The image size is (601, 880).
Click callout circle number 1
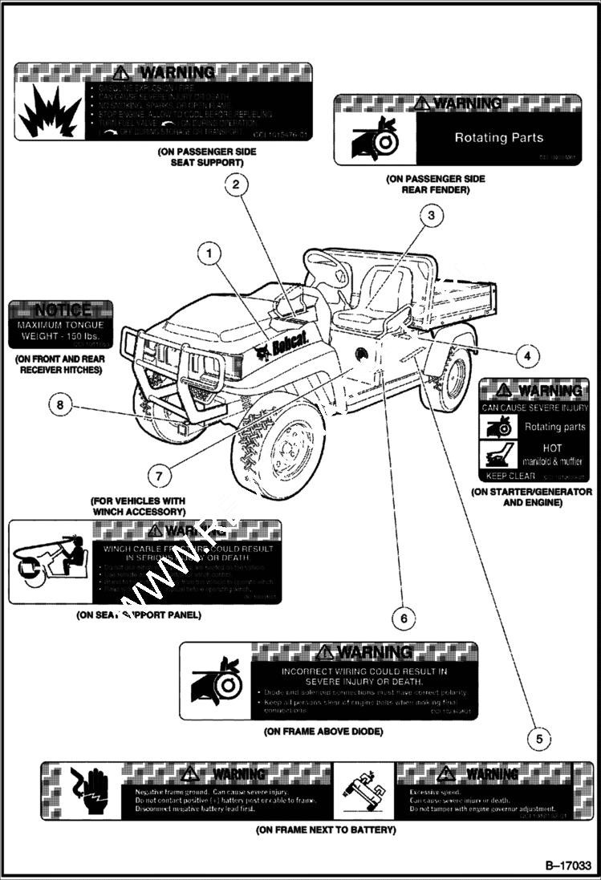click(x=209, y=253)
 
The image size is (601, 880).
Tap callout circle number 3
click(x=431, y=214)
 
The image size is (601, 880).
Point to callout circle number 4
click(x=526, y=355)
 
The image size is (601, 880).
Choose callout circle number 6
click(x=404, y=618)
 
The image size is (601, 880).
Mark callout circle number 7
click(x=158, y=475)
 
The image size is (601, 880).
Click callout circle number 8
click(x=59, y=405)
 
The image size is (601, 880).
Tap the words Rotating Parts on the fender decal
click(x=498, y=137)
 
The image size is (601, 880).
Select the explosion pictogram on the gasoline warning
click(x=49, y=111)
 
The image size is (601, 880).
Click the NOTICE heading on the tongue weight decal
click(x=62, y=310)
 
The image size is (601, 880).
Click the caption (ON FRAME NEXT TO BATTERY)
click(x=326, y=829)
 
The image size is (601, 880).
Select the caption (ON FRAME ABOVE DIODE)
click(x=323, y=732)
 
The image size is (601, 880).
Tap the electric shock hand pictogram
click(x=86, y=790)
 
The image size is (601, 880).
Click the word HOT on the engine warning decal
click(x=554, y=448)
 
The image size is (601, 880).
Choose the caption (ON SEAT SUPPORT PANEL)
click(x=138, y=615)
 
